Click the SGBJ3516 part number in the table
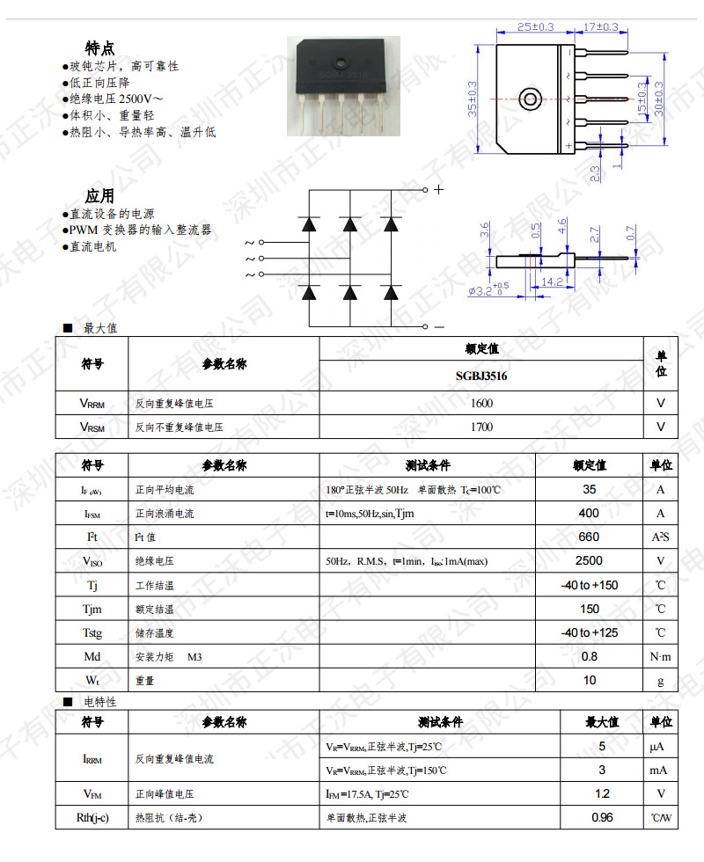pos(481,376)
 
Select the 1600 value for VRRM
pos(481,404)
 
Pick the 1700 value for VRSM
pos(481,427)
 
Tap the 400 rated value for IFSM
pos(590,513)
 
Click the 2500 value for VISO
pos(590,560)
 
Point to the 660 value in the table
pos(590,537)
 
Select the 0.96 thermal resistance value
pos(602,817)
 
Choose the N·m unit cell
pos(660,656)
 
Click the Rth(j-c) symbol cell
pos(92,818)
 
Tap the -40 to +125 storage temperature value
pos(590,632)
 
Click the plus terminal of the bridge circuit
pos(439,189)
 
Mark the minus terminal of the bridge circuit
pos(439,327)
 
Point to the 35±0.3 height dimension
pos(473,99)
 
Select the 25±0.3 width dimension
pos(535,27)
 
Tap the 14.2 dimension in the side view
pos(553,282)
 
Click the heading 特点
pos(99,48)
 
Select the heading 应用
pos(99,195)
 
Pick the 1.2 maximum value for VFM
pos(602,793)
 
